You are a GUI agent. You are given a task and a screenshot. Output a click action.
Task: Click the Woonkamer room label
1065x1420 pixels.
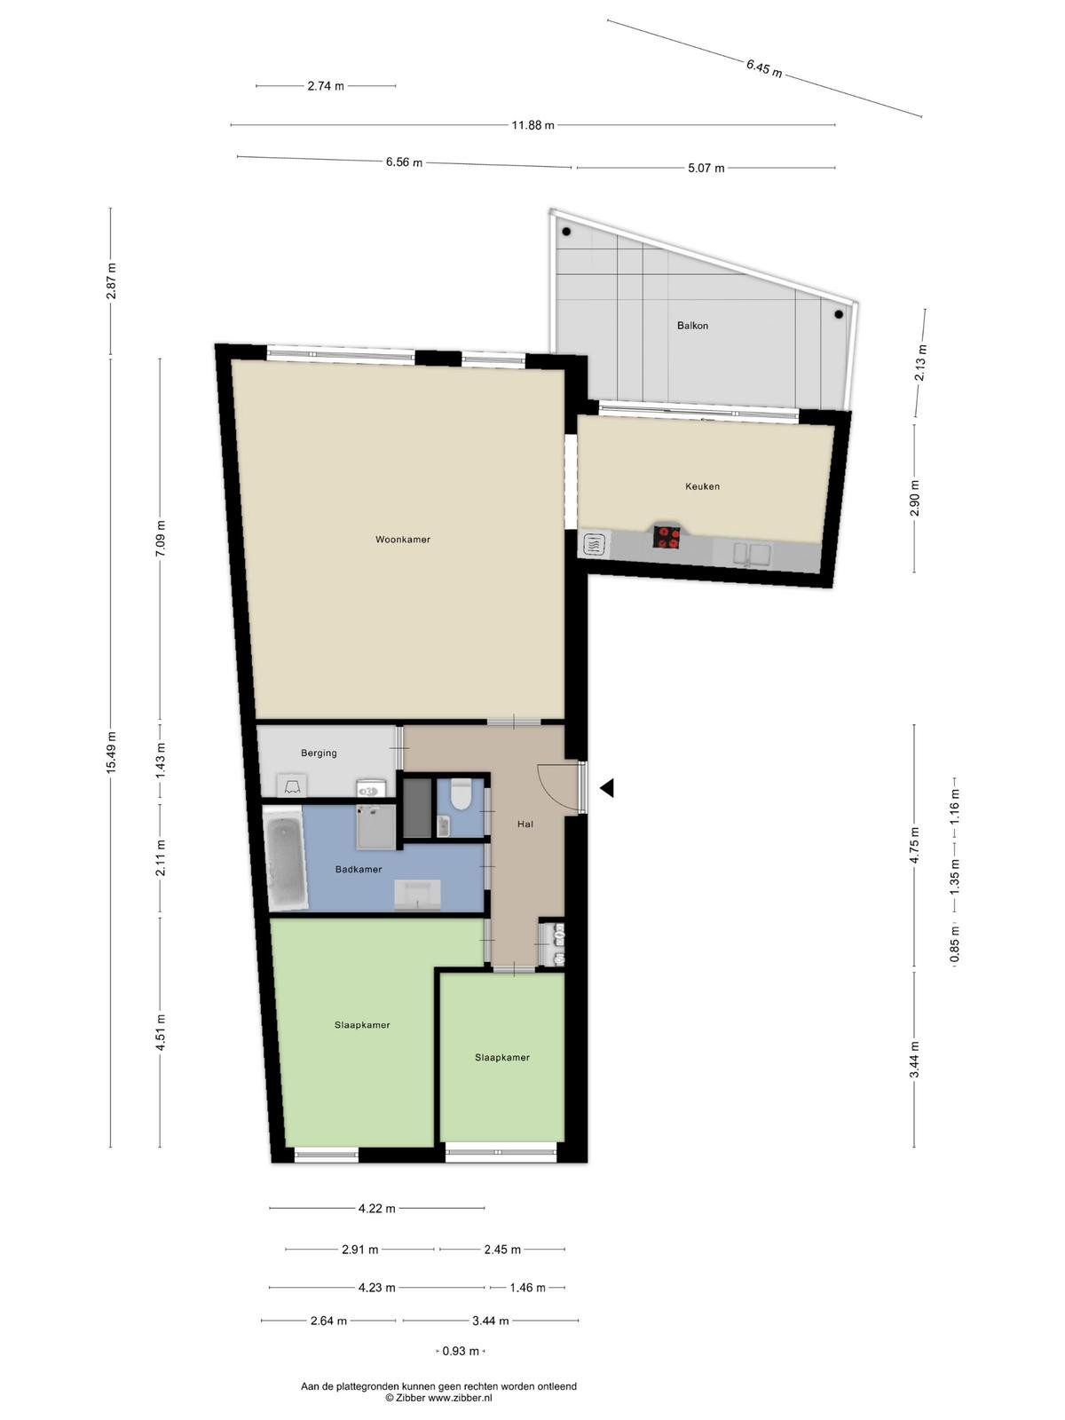[402, 540]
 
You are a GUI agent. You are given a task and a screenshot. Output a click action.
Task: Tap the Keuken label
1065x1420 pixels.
[702, 486]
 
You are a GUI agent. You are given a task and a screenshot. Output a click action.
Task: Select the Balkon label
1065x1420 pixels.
[692, 326]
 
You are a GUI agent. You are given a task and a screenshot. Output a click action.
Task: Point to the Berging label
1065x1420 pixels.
[319, 753]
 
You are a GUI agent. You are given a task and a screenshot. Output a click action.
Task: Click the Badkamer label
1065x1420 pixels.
[359, 870]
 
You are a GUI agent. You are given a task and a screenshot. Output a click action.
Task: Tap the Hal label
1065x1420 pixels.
[525, 824]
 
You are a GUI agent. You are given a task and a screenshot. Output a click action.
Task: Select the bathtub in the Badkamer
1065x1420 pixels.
[285, 860]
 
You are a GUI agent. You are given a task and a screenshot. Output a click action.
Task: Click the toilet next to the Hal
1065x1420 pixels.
[461, 793]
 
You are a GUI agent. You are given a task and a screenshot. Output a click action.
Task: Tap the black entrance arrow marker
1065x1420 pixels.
[606, 788]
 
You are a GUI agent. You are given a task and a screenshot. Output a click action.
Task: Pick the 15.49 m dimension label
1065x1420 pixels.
[111, 752]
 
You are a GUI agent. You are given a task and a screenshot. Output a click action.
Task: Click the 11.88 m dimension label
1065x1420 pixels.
[532, 125]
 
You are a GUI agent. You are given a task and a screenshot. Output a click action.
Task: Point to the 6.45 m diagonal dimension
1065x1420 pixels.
[763, 68]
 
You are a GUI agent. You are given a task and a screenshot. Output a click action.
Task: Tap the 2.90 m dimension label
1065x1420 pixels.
[914, 499]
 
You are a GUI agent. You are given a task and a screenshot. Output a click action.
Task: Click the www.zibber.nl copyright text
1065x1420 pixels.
[439, 1397]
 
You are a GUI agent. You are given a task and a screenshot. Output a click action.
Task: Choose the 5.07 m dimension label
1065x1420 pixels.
[706, 169]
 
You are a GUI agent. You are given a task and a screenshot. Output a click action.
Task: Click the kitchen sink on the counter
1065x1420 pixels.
[752, 555]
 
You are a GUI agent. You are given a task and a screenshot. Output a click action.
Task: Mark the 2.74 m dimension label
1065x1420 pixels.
[325, 85]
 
